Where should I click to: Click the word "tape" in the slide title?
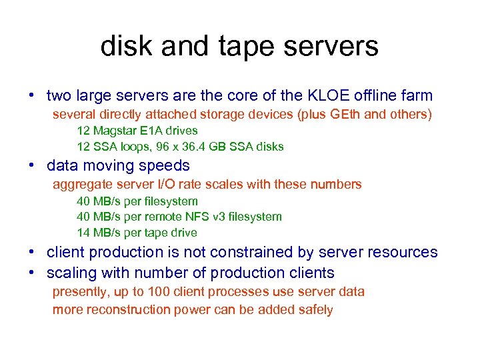pyautogui.click(x=245, y=47)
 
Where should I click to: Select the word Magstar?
pyautogui.click(x=115, y=131)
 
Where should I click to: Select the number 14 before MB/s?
pyautogui.click(x=83, y=233)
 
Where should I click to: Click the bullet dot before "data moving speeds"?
pyautogui.click(x=31, y=165)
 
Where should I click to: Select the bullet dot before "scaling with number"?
pyautogui.click(x=31, y=273)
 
